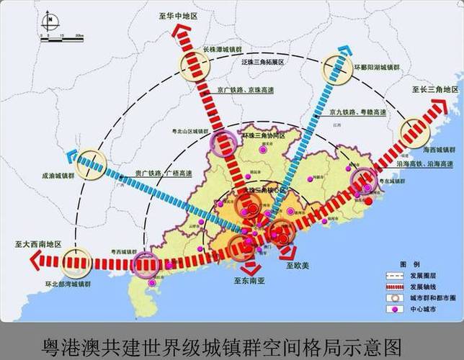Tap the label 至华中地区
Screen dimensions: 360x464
pos(180,14)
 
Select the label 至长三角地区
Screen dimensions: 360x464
pos(435,90)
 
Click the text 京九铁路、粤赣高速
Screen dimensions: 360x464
pos(357,112)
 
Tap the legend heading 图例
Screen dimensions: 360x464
pos(411,264)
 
